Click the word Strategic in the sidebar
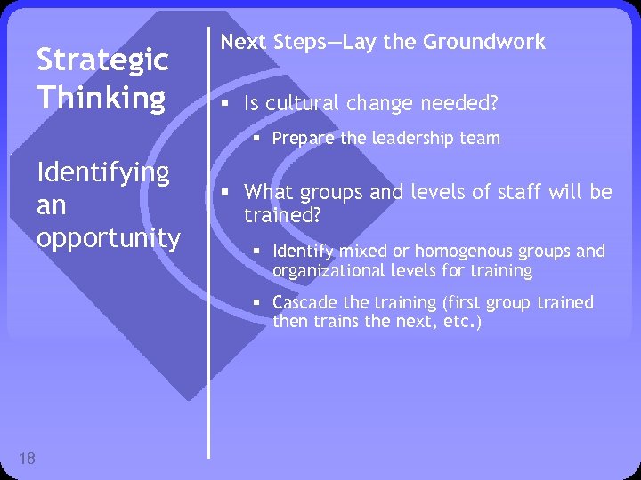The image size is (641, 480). point(102,61)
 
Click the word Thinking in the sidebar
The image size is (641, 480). point(101,98)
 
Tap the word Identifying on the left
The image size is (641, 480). point(102,172)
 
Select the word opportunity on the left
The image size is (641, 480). point(109,238)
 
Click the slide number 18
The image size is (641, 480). point(27,459)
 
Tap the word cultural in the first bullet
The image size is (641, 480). point(301,105)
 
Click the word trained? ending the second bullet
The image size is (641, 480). point(281,214)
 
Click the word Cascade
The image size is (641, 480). point(304,303)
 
